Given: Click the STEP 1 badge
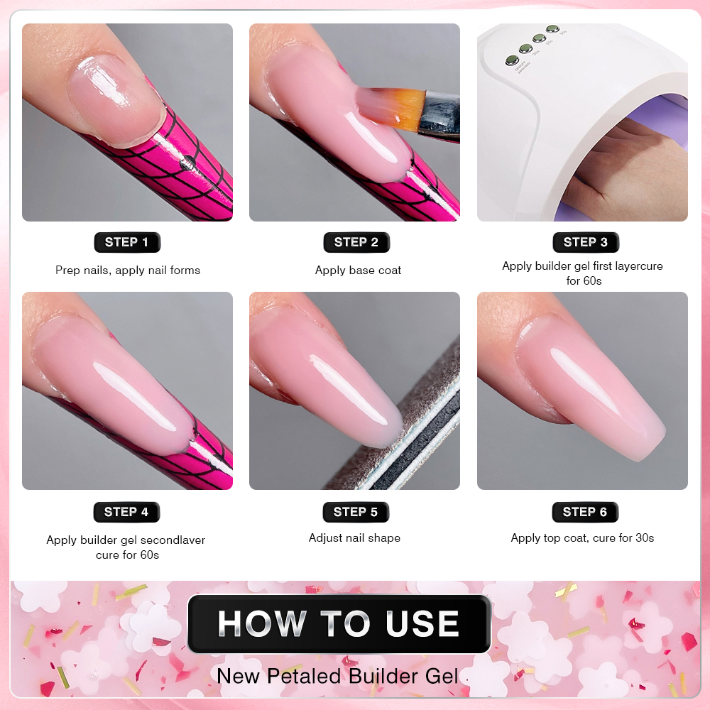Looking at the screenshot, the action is coord(127,242).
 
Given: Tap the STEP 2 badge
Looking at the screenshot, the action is coord(356,242).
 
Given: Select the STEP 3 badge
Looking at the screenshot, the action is coord(586,242).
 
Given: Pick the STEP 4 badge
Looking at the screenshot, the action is coord(126,512).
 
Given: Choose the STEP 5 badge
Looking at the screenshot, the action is coord(356,512).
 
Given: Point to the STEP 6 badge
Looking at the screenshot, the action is coord(585,512).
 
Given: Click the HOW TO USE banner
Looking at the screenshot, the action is coord(339,624).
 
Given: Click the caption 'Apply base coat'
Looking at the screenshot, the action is coord(358,271).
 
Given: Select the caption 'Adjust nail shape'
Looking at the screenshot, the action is coord(354,538).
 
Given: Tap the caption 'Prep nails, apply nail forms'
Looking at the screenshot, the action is coord(128,271).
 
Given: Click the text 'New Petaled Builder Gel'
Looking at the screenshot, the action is coord(337,676).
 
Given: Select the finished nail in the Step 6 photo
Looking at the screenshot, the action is coord(589,385).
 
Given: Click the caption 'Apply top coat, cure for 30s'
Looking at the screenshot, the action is coord(582,538).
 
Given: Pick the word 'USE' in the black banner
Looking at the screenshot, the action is coord(422,624).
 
